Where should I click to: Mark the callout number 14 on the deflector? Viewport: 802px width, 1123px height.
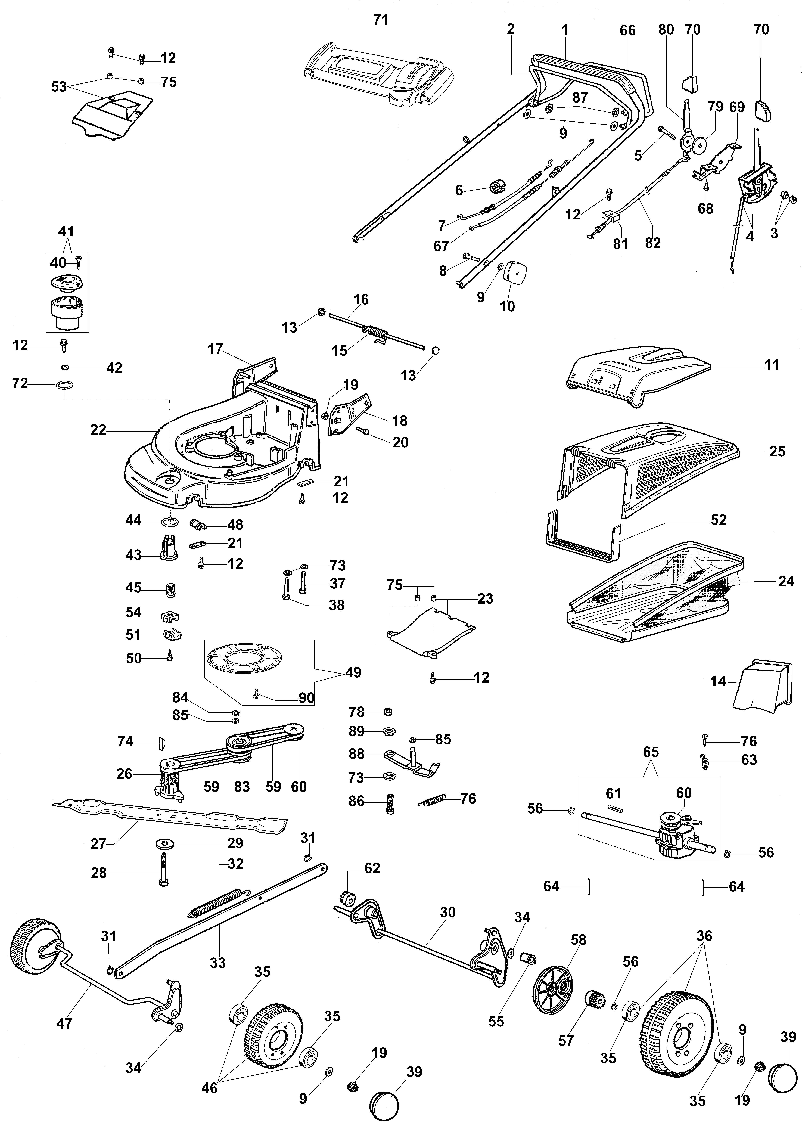pos(718,681)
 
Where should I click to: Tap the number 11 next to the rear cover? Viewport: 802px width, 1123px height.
pos(771,365)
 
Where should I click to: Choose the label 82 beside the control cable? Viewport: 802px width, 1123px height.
pos(653,243)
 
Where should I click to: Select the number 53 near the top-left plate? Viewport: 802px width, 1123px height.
pos(59,86)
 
